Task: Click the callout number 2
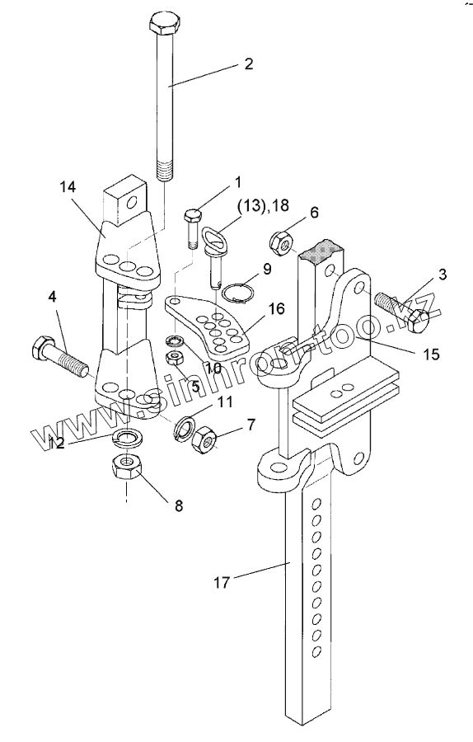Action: pos(248,63)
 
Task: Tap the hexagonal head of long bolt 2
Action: pos(164,24)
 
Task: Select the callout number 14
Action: pos(68,187)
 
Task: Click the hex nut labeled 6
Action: pos(279,242)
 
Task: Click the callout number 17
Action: pos(222,582)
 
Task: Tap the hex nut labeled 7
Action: pos(204,439)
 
